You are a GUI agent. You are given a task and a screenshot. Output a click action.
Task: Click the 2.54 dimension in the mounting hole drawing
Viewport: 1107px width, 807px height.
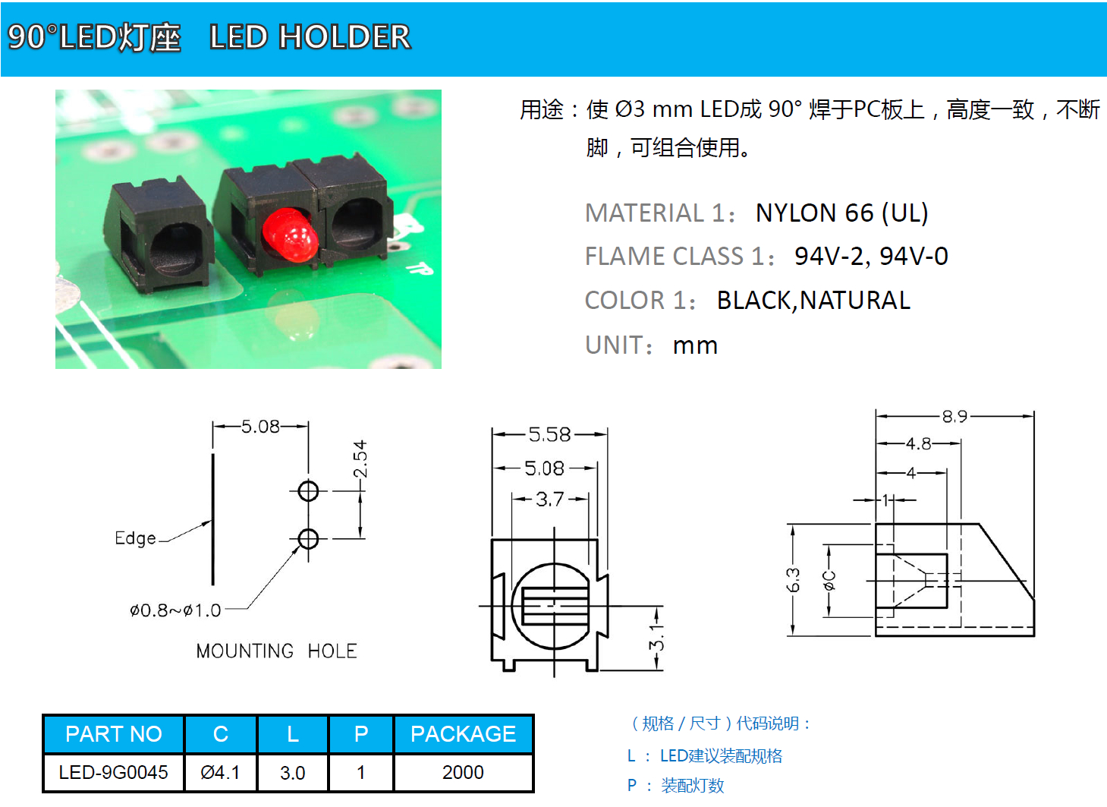point(360,459)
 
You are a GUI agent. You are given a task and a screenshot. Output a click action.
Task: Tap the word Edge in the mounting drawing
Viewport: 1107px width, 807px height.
point(135,538)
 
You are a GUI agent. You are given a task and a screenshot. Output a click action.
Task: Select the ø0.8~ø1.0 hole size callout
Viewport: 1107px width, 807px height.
point(175,610)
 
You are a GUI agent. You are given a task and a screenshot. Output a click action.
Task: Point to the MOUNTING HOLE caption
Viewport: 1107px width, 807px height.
point(276,651)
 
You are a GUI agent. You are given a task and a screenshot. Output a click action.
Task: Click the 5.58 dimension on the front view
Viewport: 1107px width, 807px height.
point(549,434)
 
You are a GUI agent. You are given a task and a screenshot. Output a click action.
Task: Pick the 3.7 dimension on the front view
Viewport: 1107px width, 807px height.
point(549,499)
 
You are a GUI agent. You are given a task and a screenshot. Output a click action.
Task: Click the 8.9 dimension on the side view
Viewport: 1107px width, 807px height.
point(954,416)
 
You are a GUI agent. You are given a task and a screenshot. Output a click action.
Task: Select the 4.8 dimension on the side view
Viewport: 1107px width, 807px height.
point(918,443)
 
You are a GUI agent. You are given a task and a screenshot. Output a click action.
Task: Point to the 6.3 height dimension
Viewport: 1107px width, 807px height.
point(793,580)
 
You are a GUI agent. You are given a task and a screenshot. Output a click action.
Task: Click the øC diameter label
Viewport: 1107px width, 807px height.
point(829,580)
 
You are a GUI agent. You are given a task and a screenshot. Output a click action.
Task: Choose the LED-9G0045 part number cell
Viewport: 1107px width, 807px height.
point(114,772)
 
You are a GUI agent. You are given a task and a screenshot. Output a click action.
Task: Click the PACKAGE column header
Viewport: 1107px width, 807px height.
point(463,734)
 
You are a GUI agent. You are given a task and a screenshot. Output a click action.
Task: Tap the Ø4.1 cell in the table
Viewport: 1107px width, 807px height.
point(220,772)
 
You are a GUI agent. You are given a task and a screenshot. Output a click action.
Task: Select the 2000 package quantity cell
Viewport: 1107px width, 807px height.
point(463,772)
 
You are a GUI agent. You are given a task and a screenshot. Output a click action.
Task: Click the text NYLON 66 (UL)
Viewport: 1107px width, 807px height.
point(841,213)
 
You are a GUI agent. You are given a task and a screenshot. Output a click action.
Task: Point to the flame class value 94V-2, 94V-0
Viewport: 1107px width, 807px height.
point(871,257)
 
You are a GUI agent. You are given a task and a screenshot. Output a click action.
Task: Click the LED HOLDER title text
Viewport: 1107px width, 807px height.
point(310,37)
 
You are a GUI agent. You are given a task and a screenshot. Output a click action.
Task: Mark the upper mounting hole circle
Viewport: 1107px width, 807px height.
point(308,490)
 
